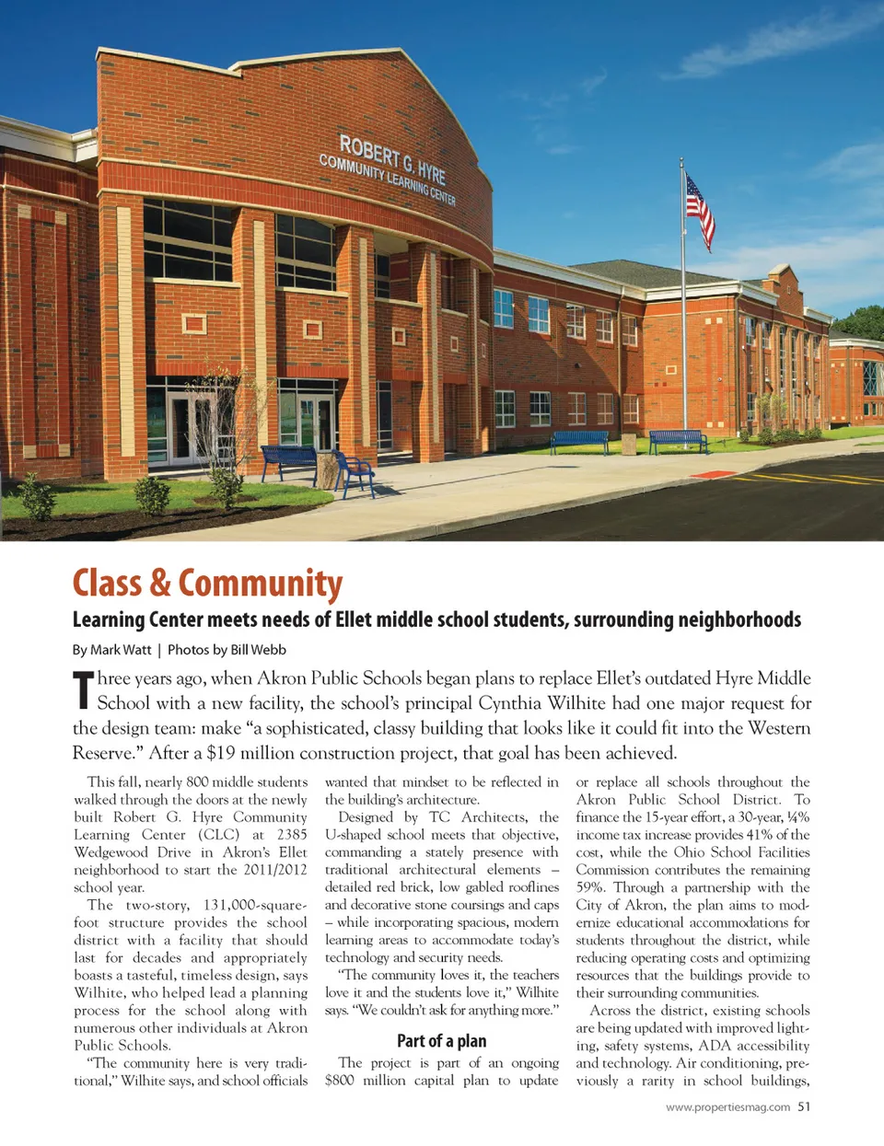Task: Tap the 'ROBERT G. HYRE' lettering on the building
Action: [x=392, y=159]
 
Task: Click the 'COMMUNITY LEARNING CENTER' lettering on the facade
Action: [x=387, y=179]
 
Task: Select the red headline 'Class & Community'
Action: [x=207, y=584]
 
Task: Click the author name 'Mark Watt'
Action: [x=121, y=650]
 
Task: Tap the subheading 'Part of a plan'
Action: [x=441, y=1041]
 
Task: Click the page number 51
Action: [x=804, y=1106]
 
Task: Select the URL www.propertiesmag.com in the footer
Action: [x=727, y=1107]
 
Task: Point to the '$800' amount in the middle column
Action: [x=340, y=1081]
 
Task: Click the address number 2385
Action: [x=292, y=835]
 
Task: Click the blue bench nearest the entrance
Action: [x=289, y=460]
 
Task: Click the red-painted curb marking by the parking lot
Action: [x=712, y=474]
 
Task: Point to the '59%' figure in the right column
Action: [x=590, y=887]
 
